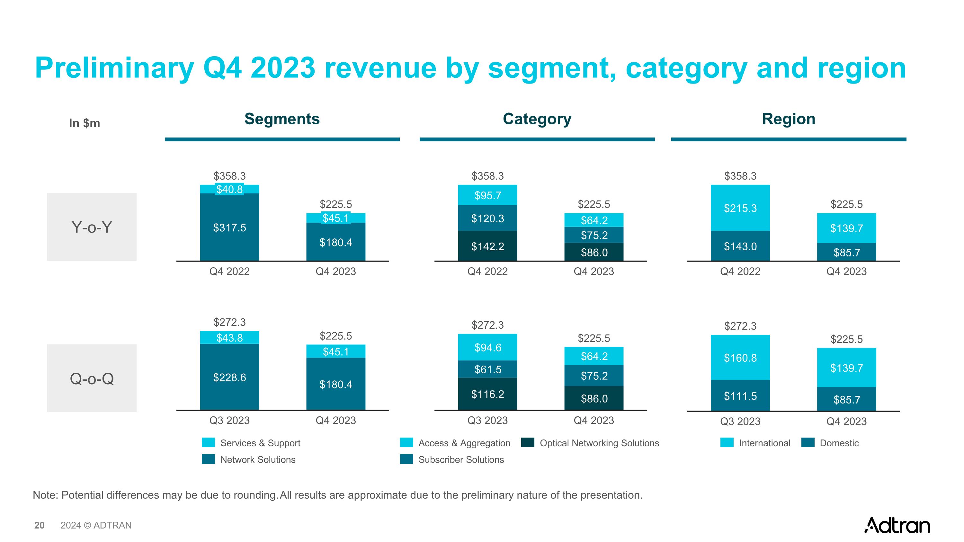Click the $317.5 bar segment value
(x=229, y=227)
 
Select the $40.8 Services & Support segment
(x=229, y=189)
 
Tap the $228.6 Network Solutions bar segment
(x=229, y=377)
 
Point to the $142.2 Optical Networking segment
(x=487, y=246)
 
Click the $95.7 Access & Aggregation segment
(x=487, y=195)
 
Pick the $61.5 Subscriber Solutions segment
(x=487, y=369)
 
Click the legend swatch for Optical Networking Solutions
(x=528, y=442)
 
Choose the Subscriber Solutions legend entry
(x=461, y=459)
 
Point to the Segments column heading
(x=282, y=119)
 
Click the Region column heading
(x=789, y=119)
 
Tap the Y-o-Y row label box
(x=92, y=227)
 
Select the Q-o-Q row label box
(x=92, y=378)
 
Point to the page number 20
(x=39, y=525)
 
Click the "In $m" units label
(x=84, y=123)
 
